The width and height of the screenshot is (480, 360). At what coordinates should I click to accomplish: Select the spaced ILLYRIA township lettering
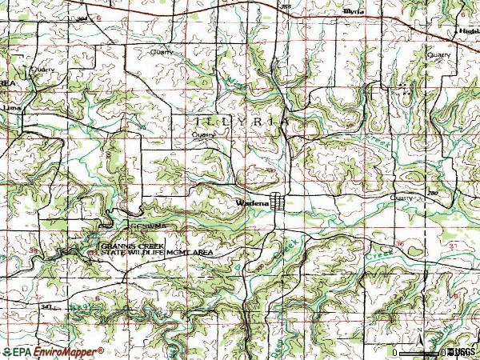(x=240, y=121)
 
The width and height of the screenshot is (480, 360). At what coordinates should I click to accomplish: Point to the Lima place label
(x=10, y=105)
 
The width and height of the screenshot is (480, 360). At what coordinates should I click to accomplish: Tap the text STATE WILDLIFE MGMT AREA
(x=156, y=252)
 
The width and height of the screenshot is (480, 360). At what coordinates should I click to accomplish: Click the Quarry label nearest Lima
(x=41, y=70)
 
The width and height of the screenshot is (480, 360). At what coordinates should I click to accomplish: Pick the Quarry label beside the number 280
(x=401, y=197)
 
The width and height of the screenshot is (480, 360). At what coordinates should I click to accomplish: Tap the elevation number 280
(x=432, y=194)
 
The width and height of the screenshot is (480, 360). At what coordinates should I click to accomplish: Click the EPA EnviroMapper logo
(x=53, y=351)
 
